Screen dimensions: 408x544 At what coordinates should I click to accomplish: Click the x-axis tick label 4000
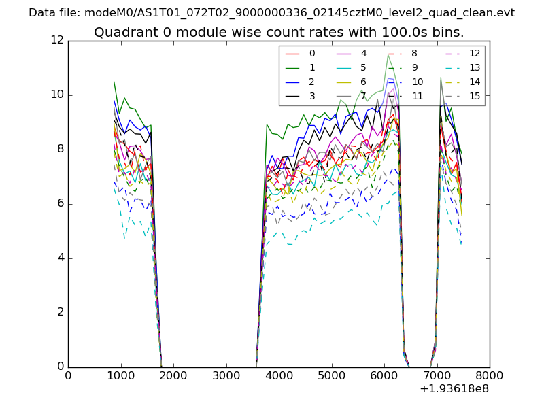pyautogui.click(x=279, y=375)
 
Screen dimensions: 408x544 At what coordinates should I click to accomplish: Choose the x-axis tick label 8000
pyautogui.click(x=490, y=375)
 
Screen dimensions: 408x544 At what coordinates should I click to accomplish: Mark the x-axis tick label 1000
pyautogui.click(x=120, y=375)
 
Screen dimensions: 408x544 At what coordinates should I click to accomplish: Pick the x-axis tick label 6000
pyautogui.click(x=384, y=375)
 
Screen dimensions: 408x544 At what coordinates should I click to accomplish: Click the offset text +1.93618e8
pyautogui.click(x=454, y=389)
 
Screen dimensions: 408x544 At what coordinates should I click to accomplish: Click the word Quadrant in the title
pyautogui.click(x=120, y=32)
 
